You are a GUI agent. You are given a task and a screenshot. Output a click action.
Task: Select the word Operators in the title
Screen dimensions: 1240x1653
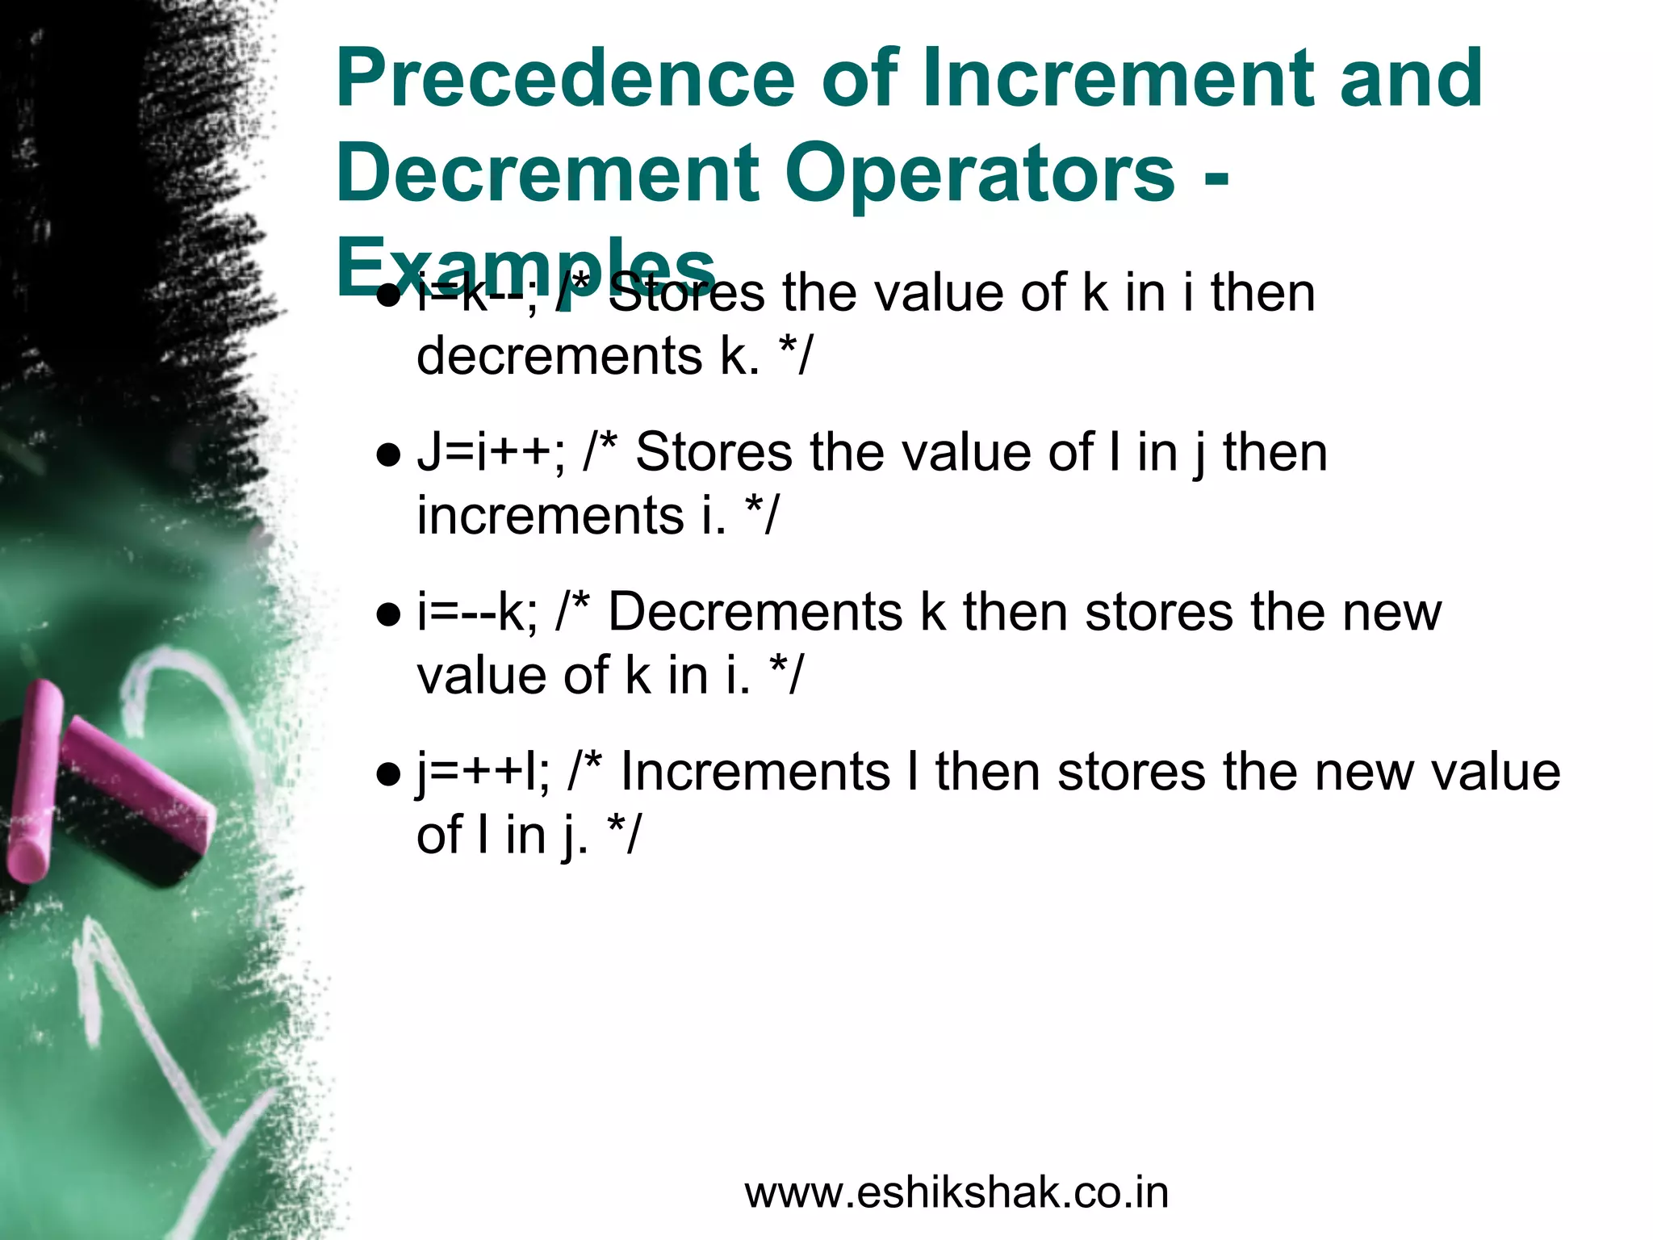coord(980,173)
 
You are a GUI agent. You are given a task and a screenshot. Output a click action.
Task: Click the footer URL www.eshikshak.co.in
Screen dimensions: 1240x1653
coord(956,1192)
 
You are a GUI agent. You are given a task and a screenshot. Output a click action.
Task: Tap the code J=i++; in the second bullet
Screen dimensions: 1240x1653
coord(491,453)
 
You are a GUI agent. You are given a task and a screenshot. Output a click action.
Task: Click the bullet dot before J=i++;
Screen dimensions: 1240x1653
coord(389,456)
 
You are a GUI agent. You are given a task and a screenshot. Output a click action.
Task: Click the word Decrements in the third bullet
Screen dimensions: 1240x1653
coord(755,613)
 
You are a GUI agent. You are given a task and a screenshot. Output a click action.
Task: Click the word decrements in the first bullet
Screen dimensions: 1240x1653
coord(559,356)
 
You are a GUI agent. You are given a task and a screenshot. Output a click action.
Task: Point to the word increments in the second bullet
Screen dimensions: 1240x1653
coord(550,516)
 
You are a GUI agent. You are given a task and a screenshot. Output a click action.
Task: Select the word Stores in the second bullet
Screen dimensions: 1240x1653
coord(714,453)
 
